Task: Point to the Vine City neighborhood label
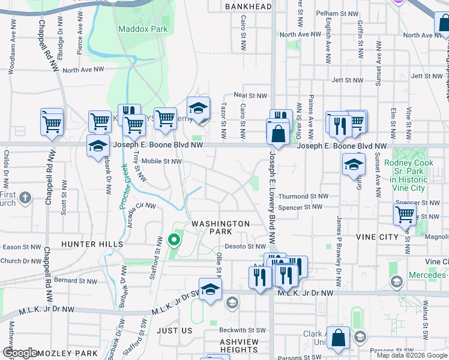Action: tap(377, 237)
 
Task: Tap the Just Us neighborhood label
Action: tap(174, 331)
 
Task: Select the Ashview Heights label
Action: tap(231, 346)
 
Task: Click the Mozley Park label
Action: tap(67, 354)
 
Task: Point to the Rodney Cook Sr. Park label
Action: tap(408, 175)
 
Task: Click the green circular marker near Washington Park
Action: tap(174, 241)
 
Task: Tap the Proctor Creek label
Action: tap(124, 187)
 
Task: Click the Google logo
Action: tap(20, 353)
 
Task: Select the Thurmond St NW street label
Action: tap(303, 196)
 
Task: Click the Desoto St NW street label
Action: tap(245, 246)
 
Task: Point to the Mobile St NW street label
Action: tap(161, 161)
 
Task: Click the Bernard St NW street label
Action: tap(75, 280)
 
